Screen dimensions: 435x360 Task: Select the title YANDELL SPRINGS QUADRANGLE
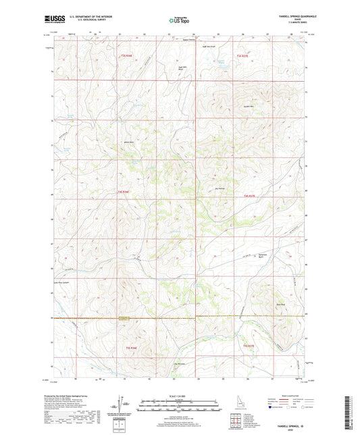tap(288, 17)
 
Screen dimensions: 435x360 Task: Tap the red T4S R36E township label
tap(124, 194)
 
